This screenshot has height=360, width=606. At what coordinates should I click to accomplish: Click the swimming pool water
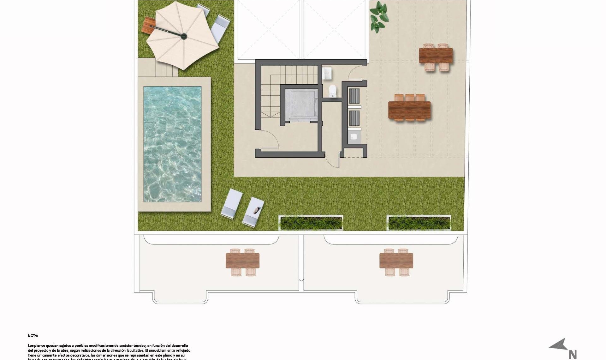pyautogui.click(x=172, y=144)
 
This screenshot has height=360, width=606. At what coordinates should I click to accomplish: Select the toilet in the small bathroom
pyautogui.click(x=333, y=91)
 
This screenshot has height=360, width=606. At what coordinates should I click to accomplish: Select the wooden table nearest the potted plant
pyautogui.click(x=436, y=56)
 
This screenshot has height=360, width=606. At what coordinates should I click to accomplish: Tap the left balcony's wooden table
pyautogui.click(x=242, y=261)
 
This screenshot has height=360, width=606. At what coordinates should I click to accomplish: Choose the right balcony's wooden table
pyautogui.click(x=396, y=261)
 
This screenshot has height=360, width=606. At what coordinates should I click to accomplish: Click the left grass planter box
pyautogui.click(x=311, y=223)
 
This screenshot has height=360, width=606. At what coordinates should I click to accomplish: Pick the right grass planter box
pyautogui.click(x=419, y=223)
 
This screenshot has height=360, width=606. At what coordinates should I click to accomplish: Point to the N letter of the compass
pyautogui.click(x=573, y=355)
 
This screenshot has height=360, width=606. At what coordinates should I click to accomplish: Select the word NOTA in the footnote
pyautogui.click(x=33, y=336)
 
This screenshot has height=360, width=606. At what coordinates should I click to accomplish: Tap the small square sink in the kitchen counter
pyautogui.click(x=354, y=136)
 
